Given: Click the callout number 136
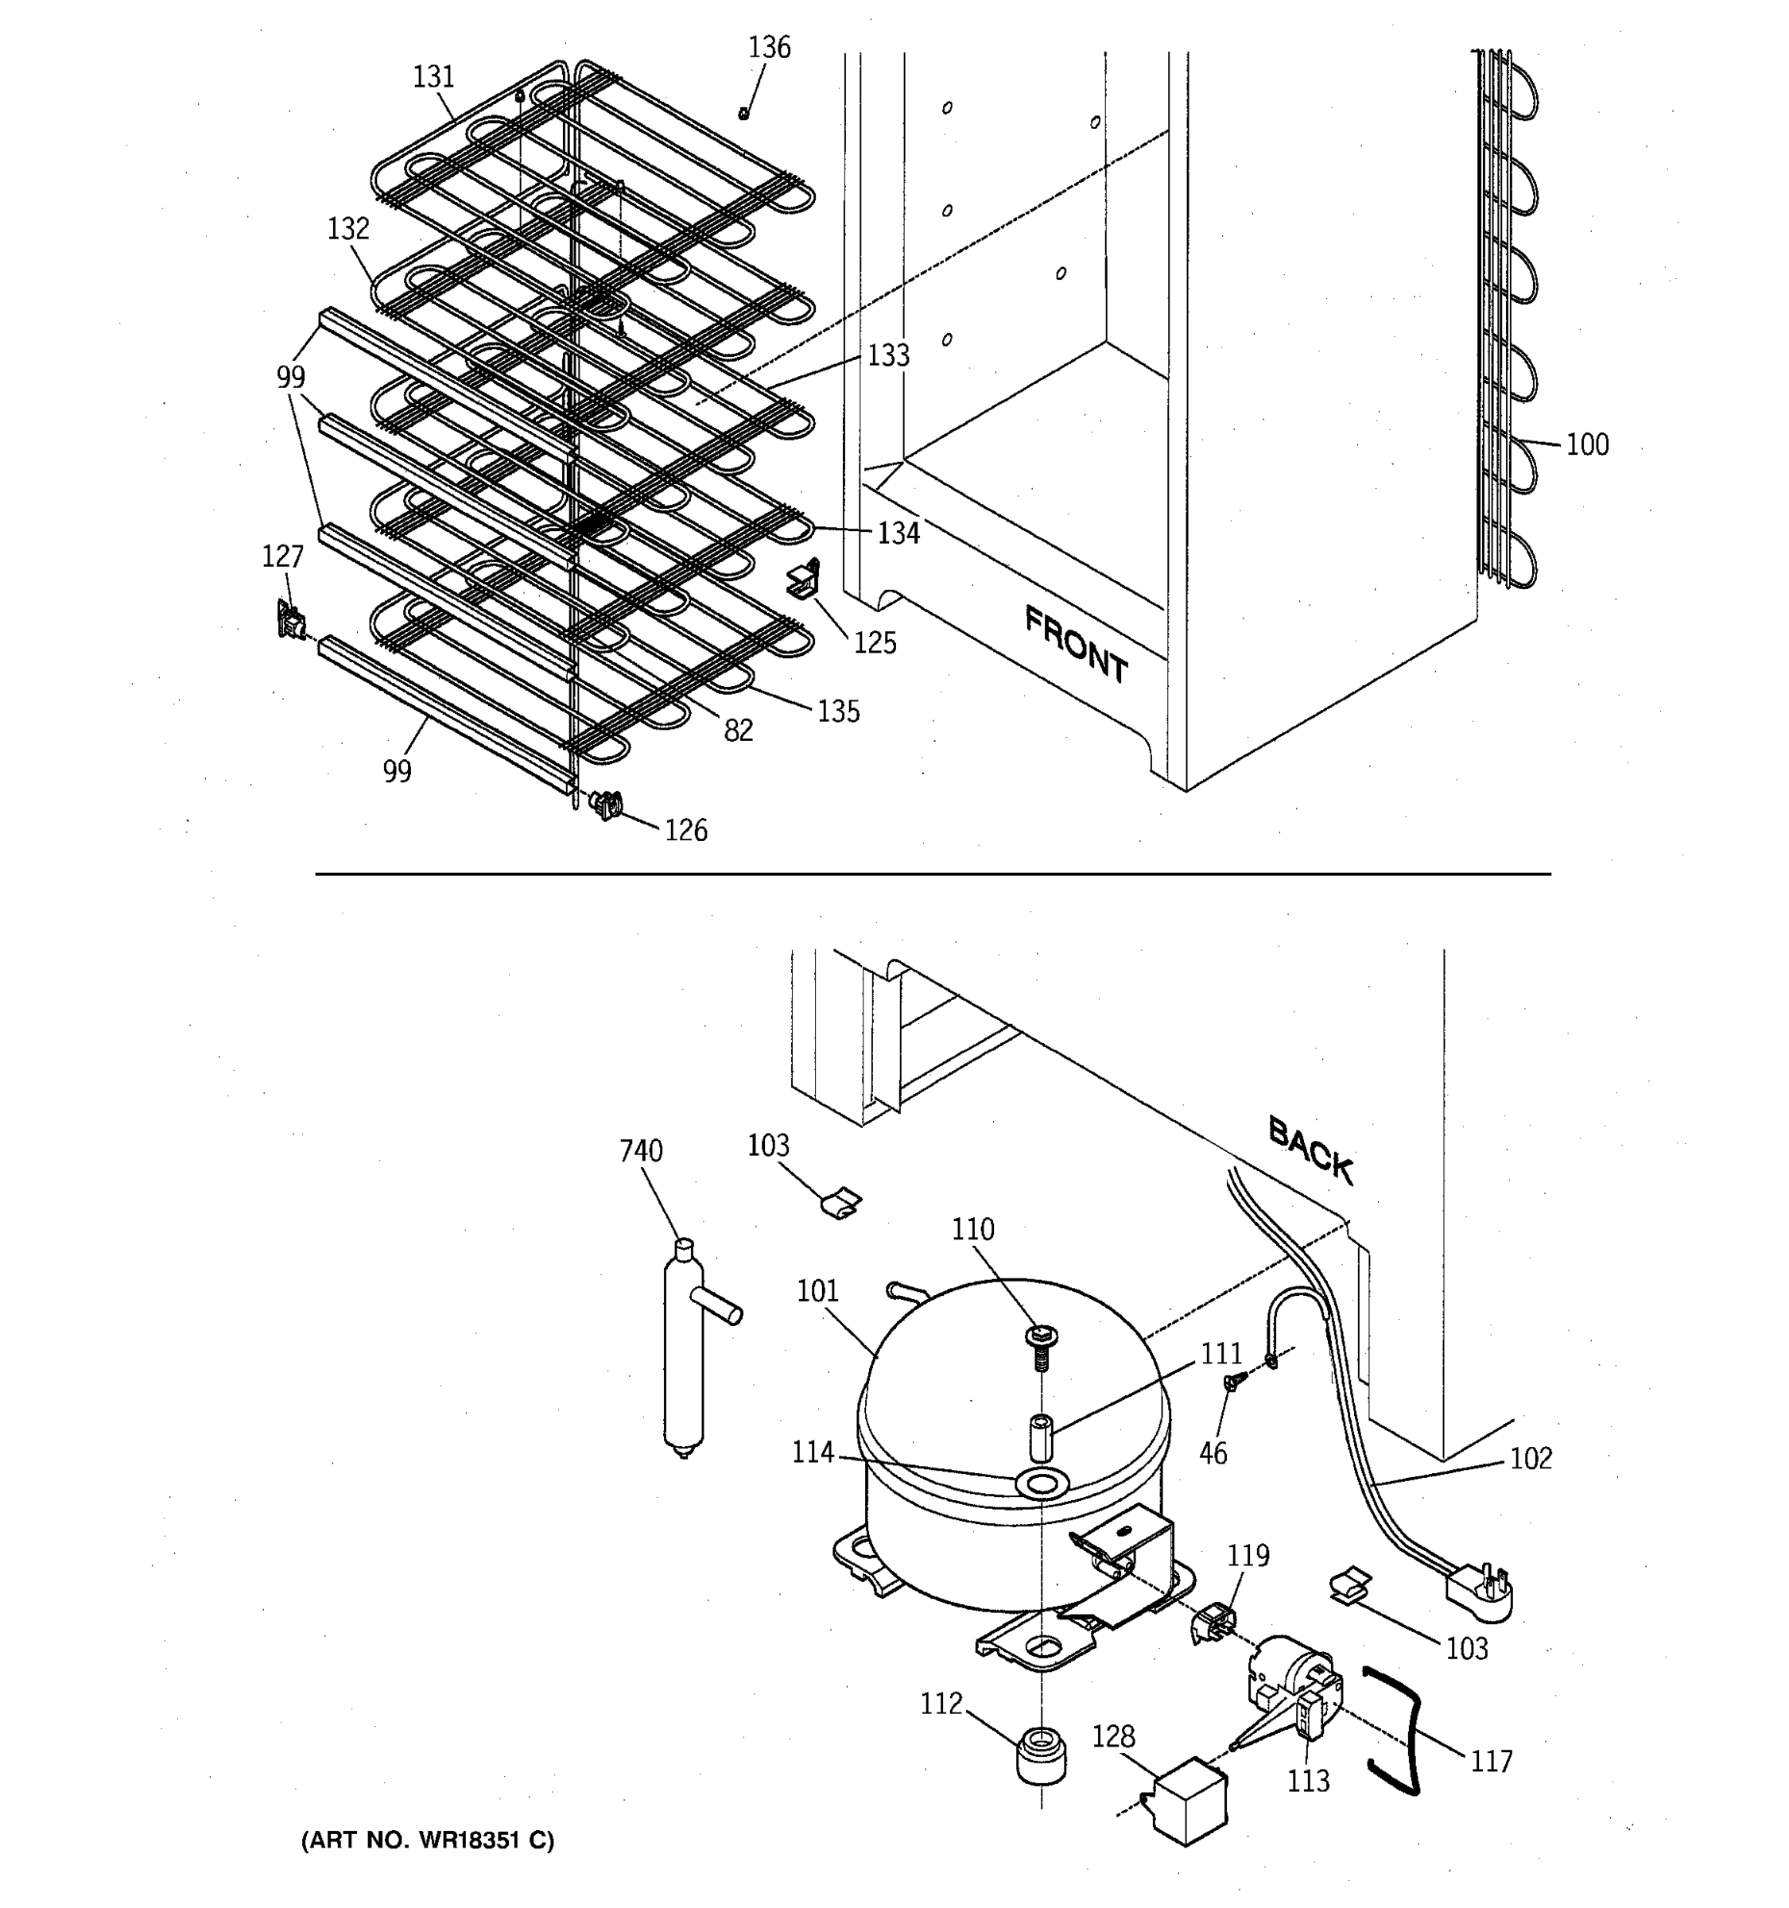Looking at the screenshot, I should [769, 47].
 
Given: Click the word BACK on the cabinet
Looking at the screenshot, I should [1310, 1150].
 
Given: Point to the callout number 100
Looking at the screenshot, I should [1588, 444].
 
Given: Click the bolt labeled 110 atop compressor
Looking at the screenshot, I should [1042, 1343].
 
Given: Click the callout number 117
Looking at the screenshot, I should [1491, 1761].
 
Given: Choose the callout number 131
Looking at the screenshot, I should [434, 76].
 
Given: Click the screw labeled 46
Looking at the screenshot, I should [1233, 1381].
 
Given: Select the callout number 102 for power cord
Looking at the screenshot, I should [1531, 1459].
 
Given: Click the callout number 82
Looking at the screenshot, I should [738, 731].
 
